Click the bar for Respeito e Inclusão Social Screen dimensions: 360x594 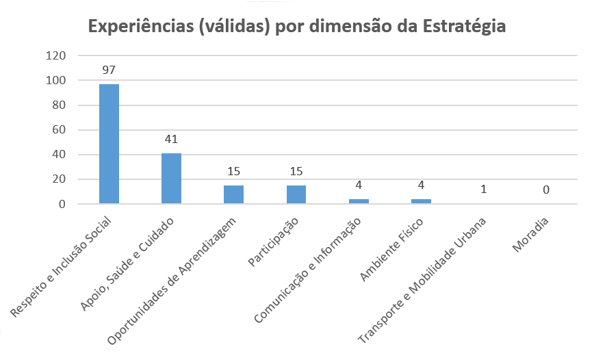click(109, 144)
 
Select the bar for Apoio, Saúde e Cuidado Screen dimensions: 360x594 click(171, 179)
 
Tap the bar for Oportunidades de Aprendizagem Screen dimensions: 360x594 click(233, 195)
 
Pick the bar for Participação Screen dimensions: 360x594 click(296, 195)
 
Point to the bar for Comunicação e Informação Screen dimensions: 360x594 click(359, 201)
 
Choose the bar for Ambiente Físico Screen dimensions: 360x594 click(421, 201)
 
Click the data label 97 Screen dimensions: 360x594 click(109, 70)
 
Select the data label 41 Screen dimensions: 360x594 click(171, 140)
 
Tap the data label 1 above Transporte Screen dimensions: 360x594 click(483, 189)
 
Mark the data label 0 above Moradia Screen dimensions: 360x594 click(546, 189)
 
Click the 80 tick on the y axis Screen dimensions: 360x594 click(59, 105)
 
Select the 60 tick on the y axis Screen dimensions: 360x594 click(59, 130)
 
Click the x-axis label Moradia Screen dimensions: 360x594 click(532, 234)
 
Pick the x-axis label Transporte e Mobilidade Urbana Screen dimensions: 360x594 click(424, 281)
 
